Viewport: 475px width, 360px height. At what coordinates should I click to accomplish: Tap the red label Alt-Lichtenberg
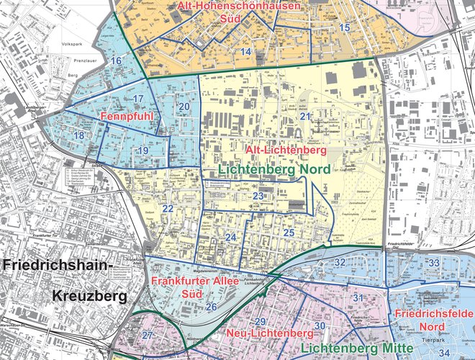(286, 151)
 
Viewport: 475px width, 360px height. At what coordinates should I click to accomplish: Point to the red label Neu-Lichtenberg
(270, 334)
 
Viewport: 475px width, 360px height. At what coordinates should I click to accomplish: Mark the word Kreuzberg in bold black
(89, 296)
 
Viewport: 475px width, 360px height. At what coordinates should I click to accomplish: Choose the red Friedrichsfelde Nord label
(434, 323)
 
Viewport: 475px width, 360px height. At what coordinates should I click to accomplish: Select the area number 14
(246, 52)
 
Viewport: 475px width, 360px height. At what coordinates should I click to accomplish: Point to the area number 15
(344, 27)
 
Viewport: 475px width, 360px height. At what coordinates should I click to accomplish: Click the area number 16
(115, 62)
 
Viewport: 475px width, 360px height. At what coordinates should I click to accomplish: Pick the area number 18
(78, 135)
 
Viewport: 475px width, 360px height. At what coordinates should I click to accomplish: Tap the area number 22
(168, 209)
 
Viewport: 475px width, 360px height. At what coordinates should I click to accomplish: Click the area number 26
(211, 307)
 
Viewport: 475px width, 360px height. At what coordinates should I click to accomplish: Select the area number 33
(433, 264)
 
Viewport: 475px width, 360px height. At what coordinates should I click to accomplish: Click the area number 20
(184, 107)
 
